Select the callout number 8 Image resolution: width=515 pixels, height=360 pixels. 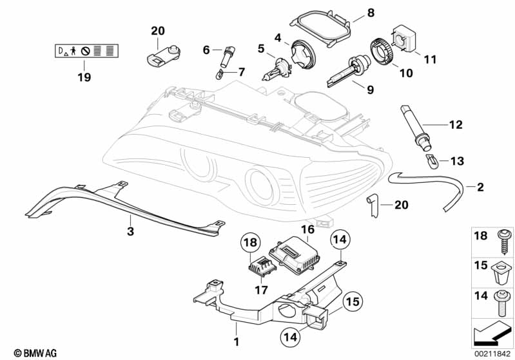point(371,13)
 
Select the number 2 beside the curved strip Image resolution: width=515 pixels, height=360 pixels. point(480,187)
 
